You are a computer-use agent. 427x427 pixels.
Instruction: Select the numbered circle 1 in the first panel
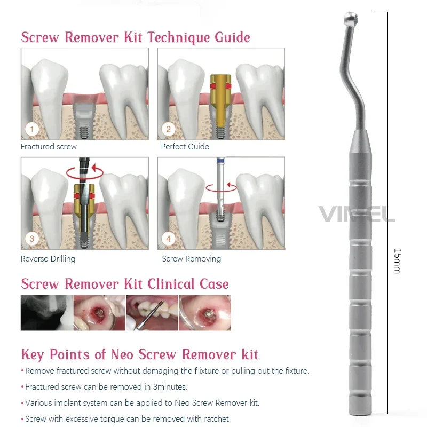(x=31, y=129)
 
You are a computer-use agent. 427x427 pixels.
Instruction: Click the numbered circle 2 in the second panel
(x=168, y=129)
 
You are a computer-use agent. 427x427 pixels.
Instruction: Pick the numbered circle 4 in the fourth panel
(x=168, y=239)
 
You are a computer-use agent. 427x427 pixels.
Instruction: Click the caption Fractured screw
(x=49, y=146)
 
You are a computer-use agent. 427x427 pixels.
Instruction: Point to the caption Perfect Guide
(x=185, y=146)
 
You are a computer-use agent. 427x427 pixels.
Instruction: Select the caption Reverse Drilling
(x=48, y=259)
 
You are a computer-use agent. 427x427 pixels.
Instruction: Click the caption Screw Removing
(x=191, y=259)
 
